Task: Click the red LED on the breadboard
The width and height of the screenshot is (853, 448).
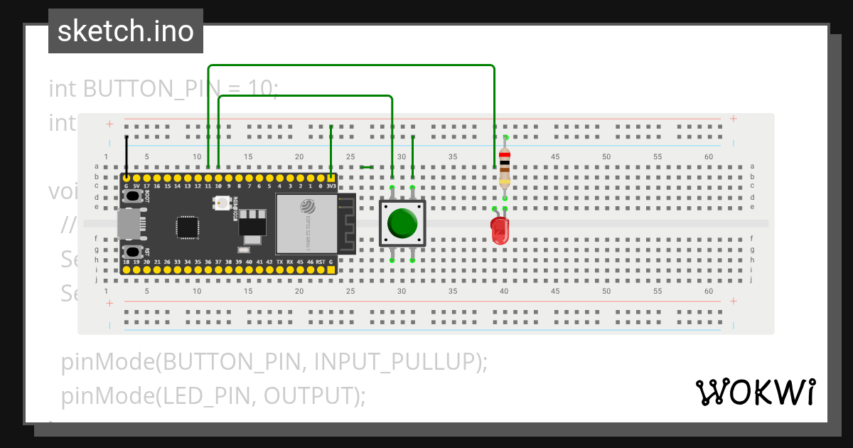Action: pos(500,230)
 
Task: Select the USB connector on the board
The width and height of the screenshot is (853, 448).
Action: pos(129,224)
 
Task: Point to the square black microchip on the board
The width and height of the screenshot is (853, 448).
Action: pos(188,227)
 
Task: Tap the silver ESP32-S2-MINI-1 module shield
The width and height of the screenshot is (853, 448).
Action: pos(306,223)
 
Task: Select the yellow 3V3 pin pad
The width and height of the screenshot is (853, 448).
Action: pos(331,177)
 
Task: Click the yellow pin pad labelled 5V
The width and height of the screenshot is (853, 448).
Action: pos(136,177)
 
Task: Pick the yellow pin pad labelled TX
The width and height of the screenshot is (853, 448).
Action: pos(279,270)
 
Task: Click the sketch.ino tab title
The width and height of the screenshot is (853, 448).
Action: pos(126,31)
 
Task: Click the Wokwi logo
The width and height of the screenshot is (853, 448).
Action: pos(755,392)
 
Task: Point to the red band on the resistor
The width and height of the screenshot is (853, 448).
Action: pos(505,155)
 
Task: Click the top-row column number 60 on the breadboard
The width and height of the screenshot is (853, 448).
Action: pos(709,156)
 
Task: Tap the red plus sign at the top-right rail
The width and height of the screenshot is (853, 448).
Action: pos(733,119)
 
